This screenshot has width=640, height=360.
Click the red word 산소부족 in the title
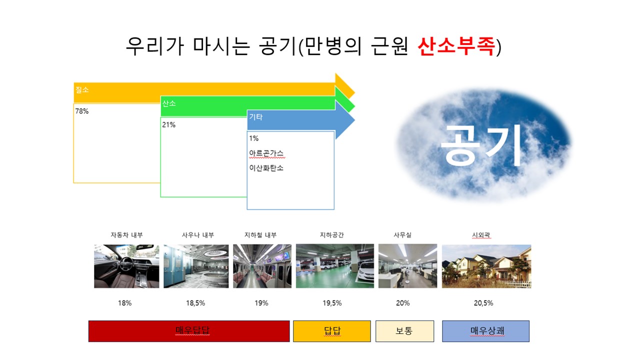point(456,46)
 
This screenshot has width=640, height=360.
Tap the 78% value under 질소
point(81,111)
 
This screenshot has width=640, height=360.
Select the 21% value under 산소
point(169,125)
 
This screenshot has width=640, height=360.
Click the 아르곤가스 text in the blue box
point(266,153)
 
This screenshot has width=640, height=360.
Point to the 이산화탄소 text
point(266,168)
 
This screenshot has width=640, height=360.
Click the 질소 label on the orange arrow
point(82,90)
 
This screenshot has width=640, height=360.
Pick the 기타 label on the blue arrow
point(255,117)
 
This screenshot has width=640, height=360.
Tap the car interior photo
point(126,266)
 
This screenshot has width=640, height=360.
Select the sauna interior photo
point(196,266)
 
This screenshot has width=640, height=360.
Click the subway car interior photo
point(262,266)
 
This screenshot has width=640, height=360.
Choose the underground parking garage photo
point(335,266)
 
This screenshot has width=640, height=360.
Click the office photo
point(407,266)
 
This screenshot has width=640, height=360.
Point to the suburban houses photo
point(486,266)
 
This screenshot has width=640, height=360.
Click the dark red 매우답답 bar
point(189,331)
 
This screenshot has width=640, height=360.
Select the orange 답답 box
point(332,331)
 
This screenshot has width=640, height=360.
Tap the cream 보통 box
point(405,331)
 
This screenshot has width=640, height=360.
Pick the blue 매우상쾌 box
point(486,331)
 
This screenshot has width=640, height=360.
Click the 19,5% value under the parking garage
point(332,303)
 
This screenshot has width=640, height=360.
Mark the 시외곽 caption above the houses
point(481,235)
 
